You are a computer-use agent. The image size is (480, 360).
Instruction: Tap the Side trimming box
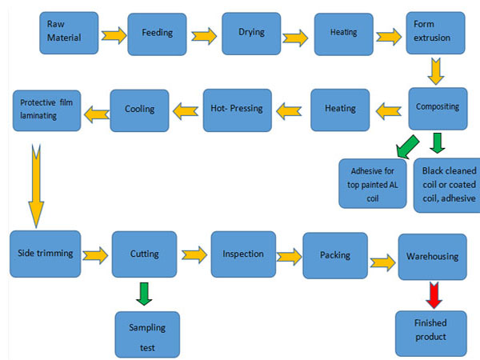pyautogui.click(x=46, y=254)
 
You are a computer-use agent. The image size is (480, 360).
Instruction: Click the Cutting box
pyautogui.click(x=144, y=254)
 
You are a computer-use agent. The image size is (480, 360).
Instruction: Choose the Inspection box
pyautogui.click(x=243, y=254)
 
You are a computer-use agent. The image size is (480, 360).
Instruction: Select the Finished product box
pyautogui.click(x=431, y=329)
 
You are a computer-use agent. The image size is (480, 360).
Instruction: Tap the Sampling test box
pyautogui.click(x=146, y=334)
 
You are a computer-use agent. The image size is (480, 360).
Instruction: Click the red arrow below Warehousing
pyautogui.click(x=434, y=294)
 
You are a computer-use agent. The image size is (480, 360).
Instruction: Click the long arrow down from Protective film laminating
pyautogui.click(x=35, y=184)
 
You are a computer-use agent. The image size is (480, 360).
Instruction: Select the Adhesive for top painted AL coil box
pyautogui.click(x=372, y=183)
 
